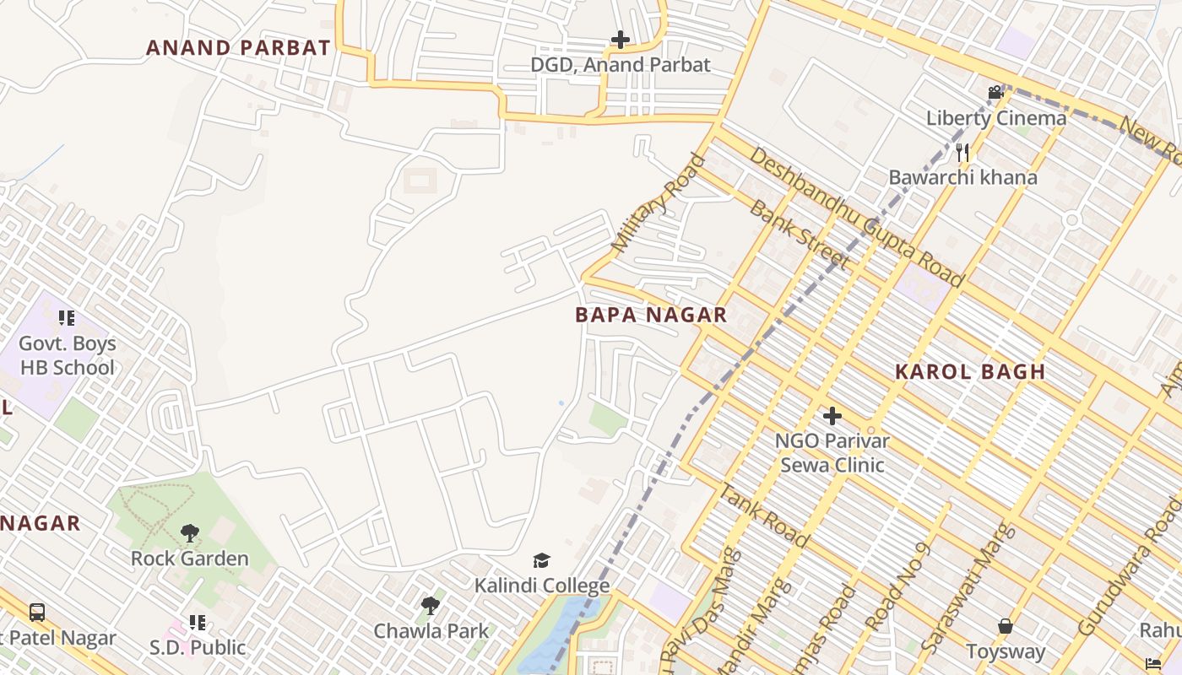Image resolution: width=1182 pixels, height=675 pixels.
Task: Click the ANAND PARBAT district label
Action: click(x=238, y=48)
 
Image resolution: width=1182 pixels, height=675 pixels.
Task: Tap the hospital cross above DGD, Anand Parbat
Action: click(x=621, y=40)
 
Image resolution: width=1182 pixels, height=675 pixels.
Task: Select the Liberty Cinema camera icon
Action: click(x=995, y=92)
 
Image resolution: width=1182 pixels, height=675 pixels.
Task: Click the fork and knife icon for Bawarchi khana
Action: click(x=962, y=152)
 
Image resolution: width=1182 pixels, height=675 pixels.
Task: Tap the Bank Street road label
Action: click(x=798, y=235)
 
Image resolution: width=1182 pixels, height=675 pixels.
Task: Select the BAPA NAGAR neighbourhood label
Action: click(x=651, y=316)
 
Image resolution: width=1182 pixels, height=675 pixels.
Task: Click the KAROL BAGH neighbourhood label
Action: click(x=970, y=371)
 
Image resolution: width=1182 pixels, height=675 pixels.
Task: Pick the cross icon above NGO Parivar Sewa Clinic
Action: click(x=832, y=415)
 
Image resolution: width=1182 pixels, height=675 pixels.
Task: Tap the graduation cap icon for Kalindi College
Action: click(x=541, y=560)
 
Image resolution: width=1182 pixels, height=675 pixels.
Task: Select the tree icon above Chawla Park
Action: click(x=431, y=605)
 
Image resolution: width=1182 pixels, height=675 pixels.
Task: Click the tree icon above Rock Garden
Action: click(x=190, y=533)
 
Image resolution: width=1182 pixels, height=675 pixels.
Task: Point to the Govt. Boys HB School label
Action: click(x=68, y=355)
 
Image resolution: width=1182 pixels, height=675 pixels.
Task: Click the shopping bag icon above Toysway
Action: click(x=1005, y=626)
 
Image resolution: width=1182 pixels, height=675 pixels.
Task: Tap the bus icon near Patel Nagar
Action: click(x=37, y=613)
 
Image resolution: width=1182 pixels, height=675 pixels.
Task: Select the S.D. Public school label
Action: click(x=198, y=647)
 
